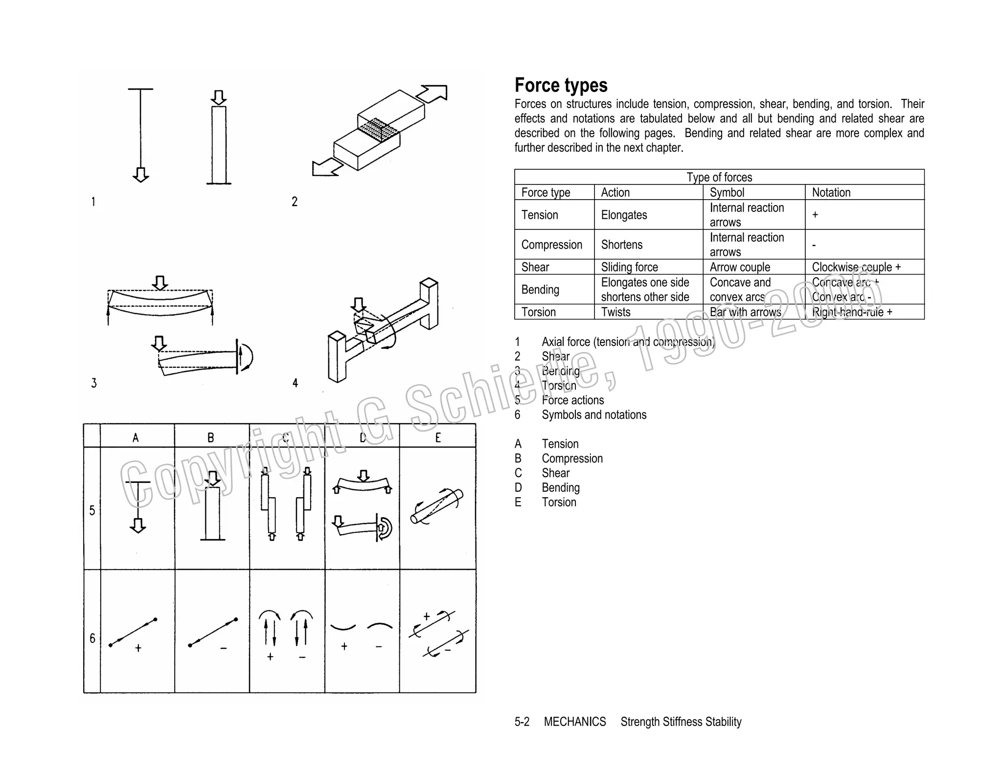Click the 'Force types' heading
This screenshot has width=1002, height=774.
[561, 85]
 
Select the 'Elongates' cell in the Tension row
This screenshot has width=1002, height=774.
[624, 215]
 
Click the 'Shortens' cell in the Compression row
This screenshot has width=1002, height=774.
[621, 245]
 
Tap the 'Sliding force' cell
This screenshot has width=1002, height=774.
[629, 267]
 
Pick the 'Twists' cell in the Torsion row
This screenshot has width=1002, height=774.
[615, 312]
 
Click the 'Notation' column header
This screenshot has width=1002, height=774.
[831, 192]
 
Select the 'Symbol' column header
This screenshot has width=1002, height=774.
[727, 192]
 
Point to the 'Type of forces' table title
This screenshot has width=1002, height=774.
[719, 177]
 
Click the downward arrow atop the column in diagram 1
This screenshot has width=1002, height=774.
[219, 97]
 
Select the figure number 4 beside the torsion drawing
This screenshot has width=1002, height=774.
[295, 383]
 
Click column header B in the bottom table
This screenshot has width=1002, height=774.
[211, 437]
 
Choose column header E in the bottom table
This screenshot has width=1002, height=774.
[438, 437]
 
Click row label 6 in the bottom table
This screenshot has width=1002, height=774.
[92, 638]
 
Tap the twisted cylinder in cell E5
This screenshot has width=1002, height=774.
[436, 506]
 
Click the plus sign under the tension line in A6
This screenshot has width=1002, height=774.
[138, 648]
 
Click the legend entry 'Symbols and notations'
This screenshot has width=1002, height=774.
[593, 415]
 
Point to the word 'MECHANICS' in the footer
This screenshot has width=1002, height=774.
[574, 722]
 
